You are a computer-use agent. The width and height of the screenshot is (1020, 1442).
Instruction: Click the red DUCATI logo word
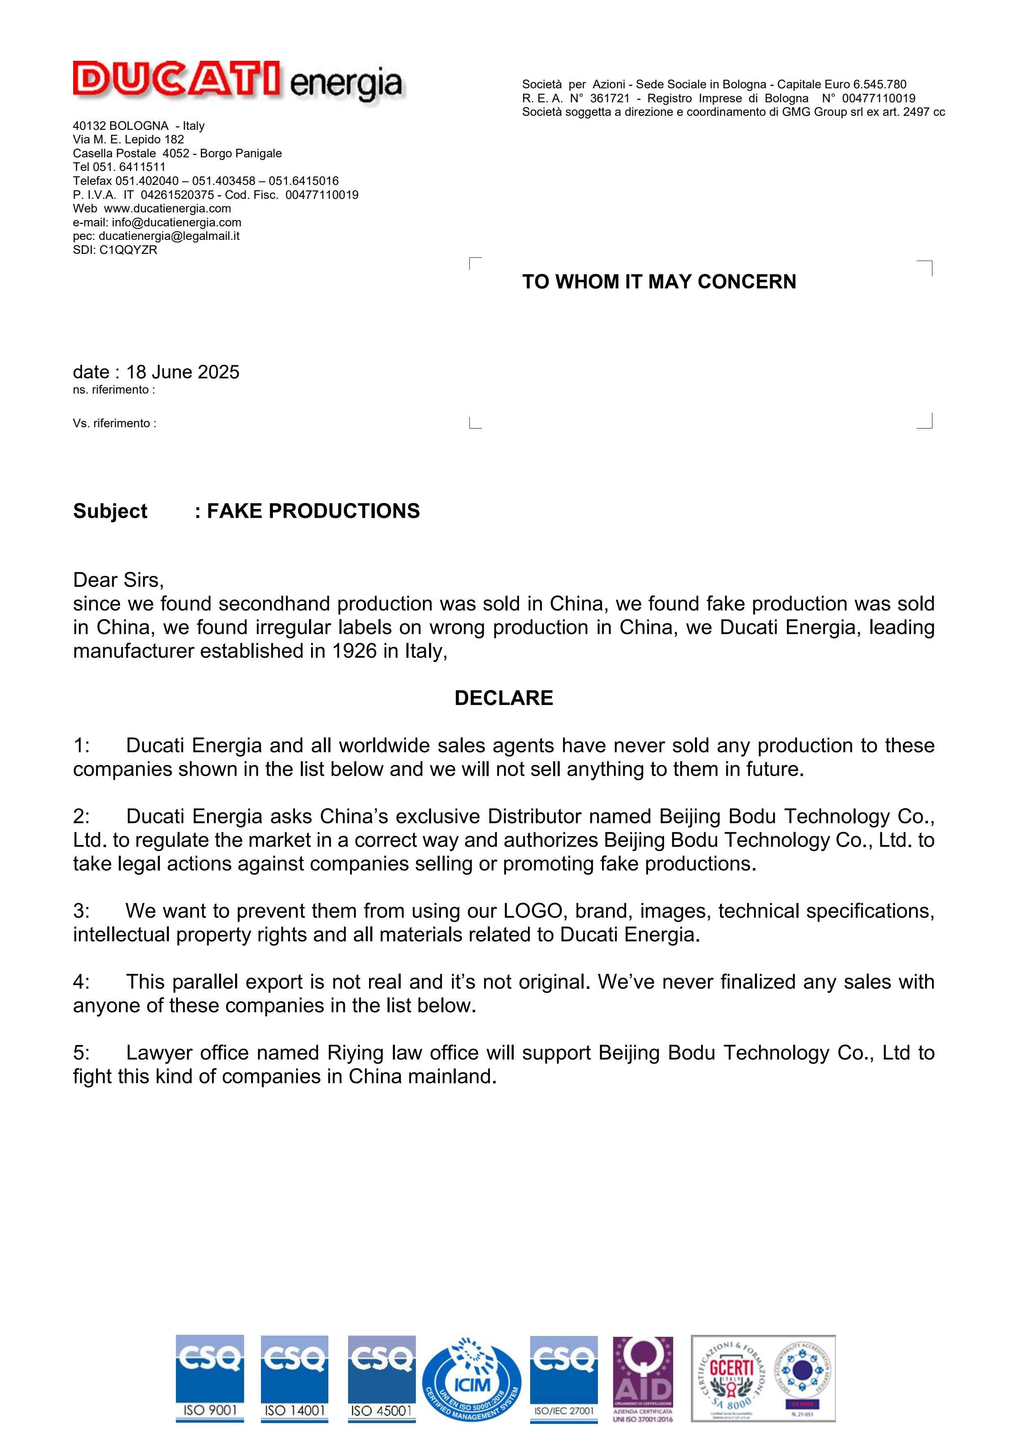(176, 80)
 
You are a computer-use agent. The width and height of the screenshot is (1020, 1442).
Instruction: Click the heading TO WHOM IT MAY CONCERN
(659, 282)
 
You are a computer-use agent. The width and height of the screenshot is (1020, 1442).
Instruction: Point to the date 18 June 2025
(183, 373)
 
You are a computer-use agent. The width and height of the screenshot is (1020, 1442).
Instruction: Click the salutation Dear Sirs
(118, 579)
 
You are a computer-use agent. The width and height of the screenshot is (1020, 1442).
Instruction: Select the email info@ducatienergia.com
(176, 222)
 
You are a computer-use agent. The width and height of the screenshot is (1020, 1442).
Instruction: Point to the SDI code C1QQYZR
(128, 250)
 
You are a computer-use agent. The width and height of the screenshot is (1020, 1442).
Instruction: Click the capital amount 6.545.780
(879, 84)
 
